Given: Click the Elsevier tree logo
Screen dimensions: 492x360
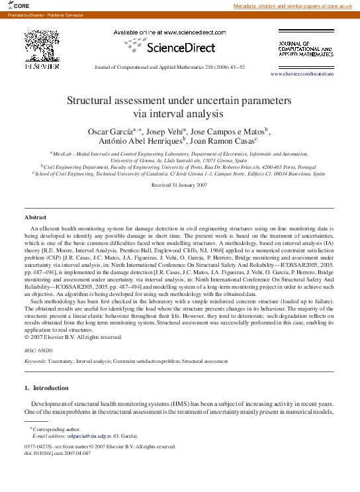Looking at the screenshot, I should click(x=43, y=46).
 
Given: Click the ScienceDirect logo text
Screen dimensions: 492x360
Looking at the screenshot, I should click(x=179, y=48).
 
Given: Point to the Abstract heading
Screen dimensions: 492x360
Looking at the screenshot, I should click(x=36, y=217).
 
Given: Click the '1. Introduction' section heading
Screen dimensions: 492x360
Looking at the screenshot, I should click(x=50, y=387).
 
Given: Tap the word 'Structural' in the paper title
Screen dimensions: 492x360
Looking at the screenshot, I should click(x=93, y=101).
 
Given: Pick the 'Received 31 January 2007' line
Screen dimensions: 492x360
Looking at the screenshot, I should click(x=179, y=186).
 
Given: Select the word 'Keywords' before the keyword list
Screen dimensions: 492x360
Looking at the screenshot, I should click(x=35, y=362).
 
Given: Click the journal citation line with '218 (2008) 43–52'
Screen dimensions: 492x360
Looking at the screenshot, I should click(x=179, y=67).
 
